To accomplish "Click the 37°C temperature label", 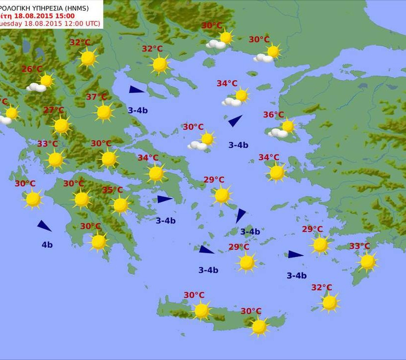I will click(96, 97).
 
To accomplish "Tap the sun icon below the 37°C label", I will click(104, 112).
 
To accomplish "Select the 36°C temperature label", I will click(273, 115).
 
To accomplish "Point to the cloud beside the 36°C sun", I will click(278, 133).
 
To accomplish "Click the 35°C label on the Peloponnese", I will click(112, 190).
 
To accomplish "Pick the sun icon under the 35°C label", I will click(120, 205).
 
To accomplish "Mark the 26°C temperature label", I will click(32, 69).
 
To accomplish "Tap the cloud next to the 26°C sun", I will click(37, 88).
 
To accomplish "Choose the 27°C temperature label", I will click(53, 110).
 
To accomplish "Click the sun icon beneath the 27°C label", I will click(61, 126).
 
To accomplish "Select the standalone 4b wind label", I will click(47, 245).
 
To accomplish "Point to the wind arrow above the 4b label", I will click(44, 226).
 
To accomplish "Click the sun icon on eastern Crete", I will click(259, 326).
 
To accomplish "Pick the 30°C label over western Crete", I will click(194, 295).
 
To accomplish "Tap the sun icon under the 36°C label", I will click(288, 126).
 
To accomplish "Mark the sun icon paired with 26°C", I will click(47, 80).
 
